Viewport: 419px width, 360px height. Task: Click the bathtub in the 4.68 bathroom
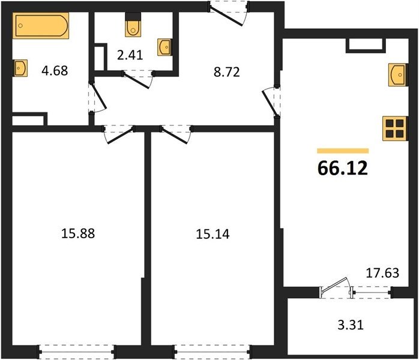[x=41, y=25]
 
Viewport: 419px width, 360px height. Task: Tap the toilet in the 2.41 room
[x=133, y=25]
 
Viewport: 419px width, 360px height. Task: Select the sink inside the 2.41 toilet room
[x=164, y=47]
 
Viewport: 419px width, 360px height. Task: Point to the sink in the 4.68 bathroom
[x=20, y=68]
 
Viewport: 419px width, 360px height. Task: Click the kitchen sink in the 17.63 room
[x=398, y=75]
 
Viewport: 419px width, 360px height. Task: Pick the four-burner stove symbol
[x=395, y=128]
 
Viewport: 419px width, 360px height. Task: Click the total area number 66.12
[x=343, y=168]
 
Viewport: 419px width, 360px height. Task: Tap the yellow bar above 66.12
[x=343, y=151]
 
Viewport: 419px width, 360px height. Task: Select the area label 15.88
[x=78, y=233]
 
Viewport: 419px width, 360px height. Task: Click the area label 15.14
[x=213, y=234]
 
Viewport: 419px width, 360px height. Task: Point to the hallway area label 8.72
[x=226, y=72]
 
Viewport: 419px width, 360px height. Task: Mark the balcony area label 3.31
[x=351, y=325]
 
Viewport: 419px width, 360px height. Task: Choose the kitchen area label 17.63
[x=382, y=273]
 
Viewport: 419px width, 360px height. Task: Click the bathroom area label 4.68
[x=55, y=71]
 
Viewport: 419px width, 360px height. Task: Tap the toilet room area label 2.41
[x=130, y=55]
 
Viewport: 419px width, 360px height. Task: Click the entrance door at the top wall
[x=229, y=13]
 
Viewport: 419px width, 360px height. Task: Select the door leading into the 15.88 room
[x=119, y=134]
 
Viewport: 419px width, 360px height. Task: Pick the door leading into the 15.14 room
[x=176, y=134]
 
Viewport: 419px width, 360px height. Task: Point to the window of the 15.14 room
[x=213, y=352]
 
